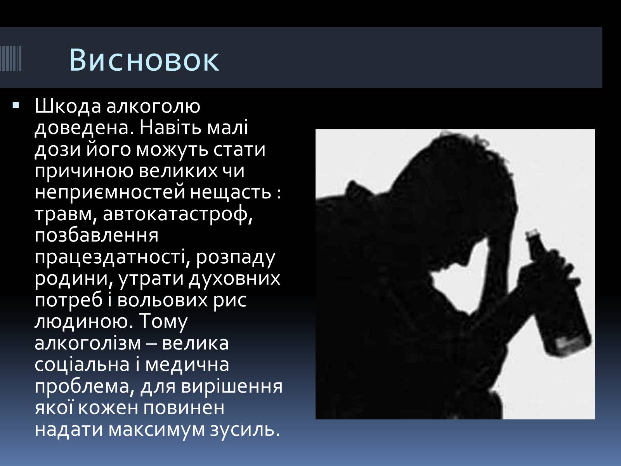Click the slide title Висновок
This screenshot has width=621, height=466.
coord(144,60)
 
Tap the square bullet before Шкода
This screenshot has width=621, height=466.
coord(16,106)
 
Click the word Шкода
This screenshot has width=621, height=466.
coord(68,107)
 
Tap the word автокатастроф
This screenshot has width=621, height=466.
coord(177,214)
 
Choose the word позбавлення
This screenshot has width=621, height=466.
coord(96,236)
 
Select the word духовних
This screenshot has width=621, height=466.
coord(234,278)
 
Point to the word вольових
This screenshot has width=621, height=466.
coord(162,300)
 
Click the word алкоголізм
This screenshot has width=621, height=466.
coord(88,343)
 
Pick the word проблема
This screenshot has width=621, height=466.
coord(84,387)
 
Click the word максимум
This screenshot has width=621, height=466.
coord(156,429)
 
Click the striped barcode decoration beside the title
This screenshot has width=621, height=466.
coord(11,58)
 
